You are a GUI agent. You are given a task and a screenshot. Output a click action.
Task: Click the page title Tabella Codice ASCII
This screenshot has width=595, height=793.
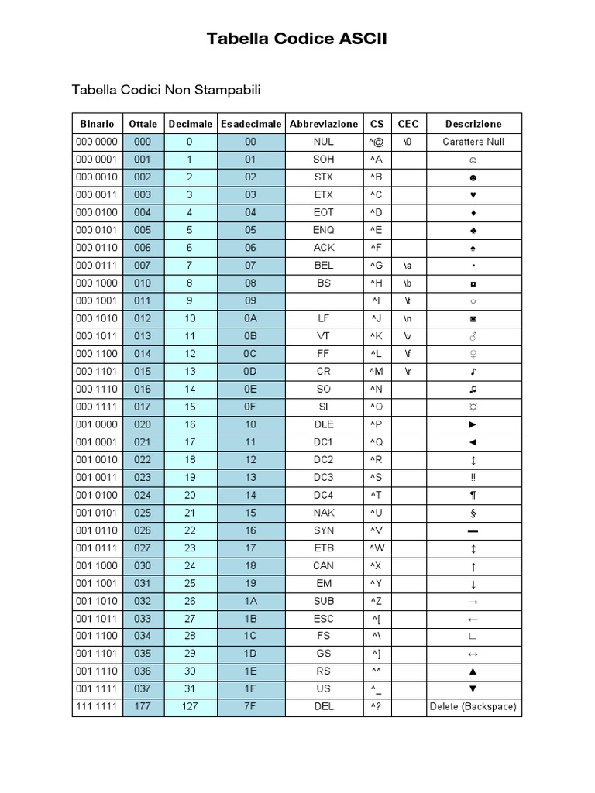point(297,39)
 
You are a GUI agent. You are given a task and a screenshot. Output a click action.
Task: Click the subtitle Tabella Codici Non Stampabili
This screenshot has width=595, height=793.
point(167,91)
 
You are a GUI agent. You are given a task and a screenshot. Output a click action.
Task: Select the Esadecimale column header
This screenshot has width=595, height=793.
point(251,124)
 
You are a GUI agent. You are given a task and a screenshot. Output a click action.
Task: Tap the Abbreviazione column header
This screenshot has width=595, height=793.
point(323,124)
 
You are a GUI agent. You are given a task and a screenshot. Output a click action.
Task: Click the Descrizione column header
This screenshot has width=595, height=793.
point(473,124)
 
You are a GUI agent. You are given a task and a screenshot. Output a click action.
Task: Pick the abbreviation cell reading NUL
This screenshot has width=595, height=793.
point(323,142)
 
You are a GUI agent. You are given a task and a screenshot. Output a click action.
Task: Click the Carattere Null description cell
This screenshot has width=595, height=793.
point(473,142)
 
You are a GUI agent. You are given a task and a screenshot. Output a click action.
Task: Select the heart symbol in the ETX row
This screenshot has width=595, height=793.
point(473,194)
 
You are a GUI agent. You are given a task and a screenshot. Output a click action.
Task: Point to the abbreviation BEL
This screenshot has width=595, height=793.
point(323,265)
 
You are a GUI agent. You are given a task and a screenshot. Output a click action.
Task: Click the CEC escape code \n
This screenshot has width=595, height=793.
point(408,318)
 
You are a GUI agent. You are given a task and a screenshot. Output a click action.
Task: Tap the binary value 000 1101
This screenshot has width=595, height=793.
point(97,371)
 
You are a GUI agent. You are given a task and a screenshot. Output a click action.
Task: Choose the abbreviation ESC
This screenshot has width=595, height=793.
point(323,618)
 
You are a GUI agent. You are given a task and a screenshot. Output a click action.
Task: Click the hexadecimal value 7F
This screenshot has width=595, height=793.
point(251,706)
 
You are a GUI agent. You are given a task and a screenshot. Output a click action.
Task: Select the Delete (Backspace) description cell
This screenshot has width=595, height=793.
point(473,706)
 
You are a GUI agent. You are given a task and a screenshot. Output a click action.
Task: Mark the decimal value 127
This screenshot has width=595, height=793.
point(190,706)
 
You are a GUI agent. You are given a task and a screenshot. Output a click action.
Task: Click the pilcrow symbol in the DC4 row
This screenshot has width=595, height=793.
point(473,495)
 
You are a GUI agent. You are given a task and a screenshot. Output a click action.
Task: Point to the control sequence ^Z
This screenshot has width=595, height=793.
point(377,601)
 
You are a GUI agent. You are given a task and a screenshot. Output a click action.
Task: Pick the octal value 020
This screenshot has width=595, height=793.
point(143,424)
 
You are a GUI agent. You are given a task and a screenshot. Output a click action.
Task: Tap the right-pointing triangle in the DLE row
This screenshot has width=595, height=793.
point(473,424)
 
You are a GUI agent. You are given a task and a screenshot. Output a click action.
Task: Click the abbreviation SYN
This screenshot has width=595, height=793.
point(323,530)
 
